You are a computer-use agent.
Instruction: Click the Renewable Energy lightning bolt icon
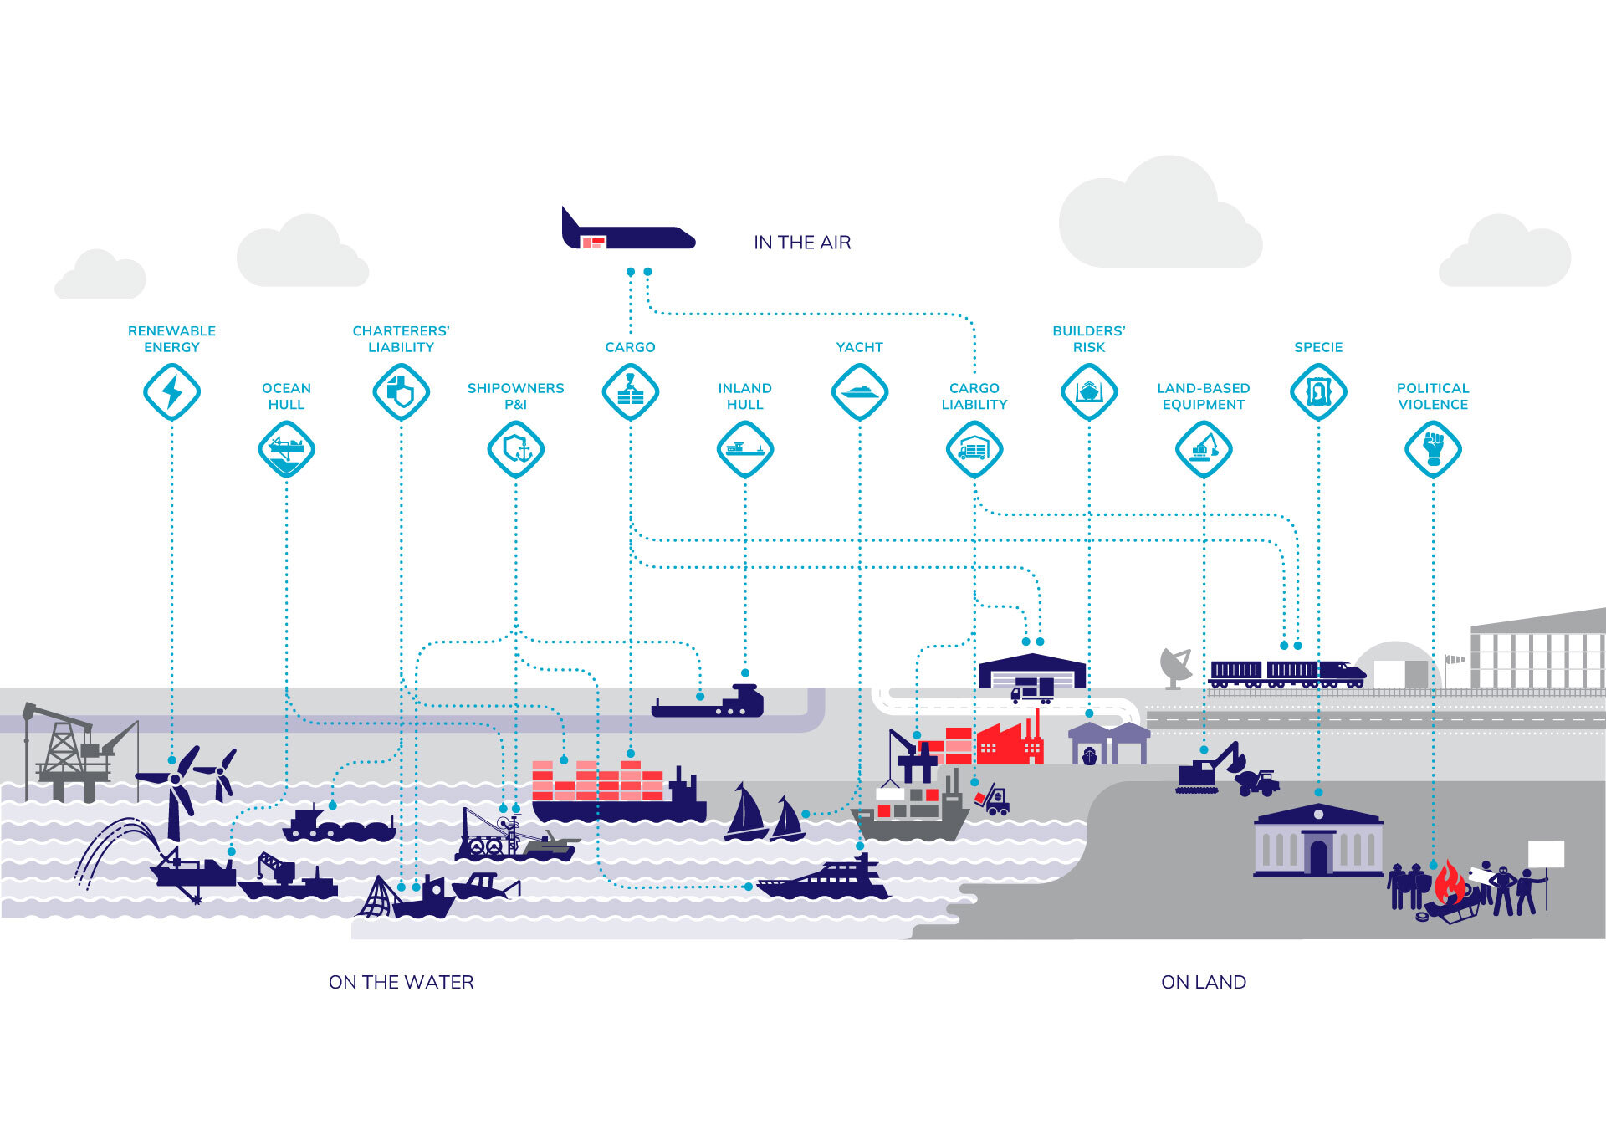[x=171, y=391]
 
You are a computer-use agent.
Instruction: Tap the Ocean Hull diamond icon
[x=286, y=449]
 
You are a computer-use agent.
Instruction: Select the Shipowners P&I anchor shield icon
[x=516, y=449]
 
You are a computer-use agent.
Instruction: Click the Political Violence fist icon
[x=1433, y=449]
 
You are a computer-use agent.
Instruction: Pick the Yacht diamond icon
[x=859, y=391]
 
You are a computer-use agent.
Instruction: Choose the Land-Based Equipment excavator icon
[x=1204, y=449]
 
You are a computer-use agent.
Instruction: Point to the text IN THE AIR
[x=802, y=243]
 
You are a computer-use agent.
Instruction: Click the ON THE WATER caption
[x=401, y=982]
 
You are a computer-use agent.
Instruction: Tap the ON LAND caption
[x=1204, y=982]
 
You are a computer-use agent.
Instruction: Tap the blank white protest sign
[x=1546, y=854]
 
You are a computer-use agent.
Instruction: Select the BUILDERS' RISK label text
[x=1088, y=339]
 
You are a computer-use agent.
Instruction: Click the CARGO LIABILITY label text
[x=974, y=396]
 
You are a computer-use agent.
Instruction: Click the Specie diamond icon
[x=1318, y=391]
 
